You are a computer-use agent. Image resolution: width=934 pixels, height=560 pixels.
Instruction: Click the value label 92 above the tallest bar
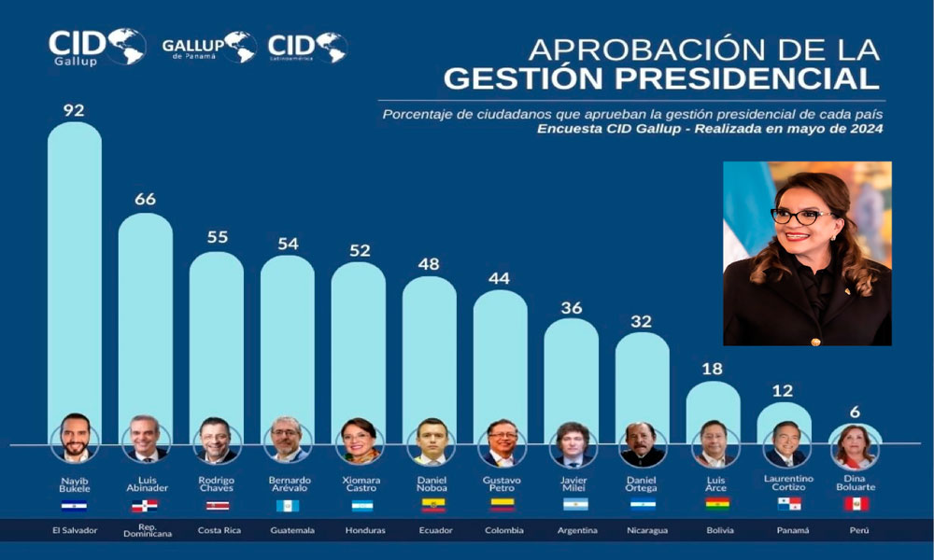click(x=74, y=110)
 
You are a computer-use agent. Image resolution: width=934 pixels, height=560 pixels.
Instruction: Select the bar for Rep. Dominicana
click(x=145, y=317)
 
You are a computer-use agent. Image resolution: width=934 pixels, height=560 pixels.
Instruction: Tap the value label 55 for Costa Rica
click(x=216, y=238)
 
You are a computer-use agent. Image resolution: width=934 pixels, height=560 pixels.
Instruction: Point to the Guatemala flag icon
click(x=288, y=505)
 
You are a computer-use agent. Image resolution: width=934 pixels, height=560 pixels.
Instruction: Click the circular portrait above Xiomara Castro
click(x=359, y=441)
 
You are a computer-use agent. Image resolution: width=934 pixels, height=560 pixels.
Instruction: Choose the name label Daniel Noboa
click(x=430, y=483)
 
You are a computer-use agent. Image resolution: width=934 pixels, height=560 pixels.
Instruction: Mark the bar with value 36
click(x=572, y=373)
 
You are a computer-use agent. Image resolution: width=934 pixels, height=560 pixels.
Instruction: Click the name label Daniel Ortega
click(x=643, y=483)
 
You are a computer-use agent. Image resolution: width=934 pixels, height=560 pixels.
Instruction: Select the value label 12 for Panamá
click(x=784, y=389)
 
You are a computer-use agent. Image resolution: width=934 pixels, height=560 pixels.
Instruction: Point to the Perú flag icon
click(x=856, y=505)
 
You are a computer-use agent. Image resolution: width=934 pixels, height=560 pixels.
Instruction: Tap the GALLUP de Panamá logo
click(x=208, y=46)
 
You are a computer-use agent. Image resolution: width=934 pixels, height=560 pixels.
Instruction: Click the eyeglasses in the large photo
click(x=801, y=216)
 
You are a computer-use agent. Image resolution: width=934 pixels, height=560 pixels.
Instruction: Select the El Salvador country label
click(x=74, y=530)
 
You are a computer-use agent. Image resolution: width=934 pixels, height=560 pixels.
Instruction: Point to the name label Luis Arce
click(x=714, y=483)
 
